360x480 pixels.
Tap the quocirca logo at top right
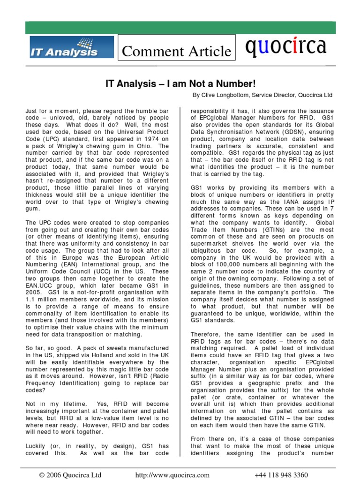(285, 46)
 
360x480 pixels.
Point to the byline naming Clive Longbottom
(262, 95)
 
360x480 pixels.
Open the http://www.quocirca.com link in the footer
(172, 474)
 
